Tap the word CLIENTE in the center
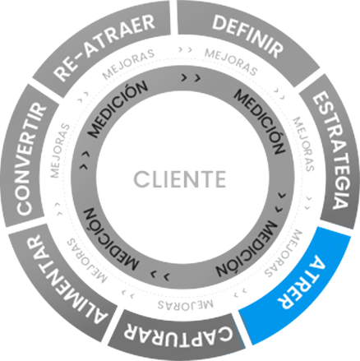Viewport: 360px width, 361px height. click(x=180, y=179)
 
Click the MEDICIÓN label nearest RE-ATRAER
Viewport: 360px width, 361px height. click(x=118, y=109)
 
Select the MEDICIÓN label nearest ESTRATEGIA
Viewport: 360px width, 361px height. click(x=260, y=121)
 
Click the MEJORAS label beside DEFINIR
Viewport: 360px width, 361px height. click(x=231, y=62)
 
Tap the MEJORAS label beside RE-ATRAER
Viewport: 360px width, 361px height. click(x=128, y=64)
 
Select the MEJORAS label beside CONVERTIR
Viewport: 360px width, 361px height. click(x=60, y=150)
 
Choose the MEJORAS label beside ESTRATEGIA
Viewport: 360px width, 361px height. click(x=303, y=144)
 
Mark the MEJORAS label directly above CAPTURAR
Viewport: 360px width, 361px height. click(x=185, y=305)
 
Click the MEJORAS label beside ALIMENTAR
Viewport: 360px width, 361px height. click(x=87, y=261)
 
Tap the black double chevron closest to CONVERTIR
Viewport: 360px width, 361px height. click(x=85, y=160)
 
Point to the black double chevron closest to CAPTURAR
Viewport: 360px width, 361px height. click(x=160, y=275)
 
